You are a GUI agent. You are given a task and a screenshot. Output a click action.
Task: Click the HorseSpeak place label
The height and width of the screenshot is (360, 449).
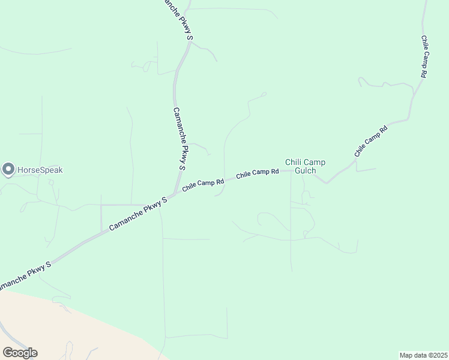40,170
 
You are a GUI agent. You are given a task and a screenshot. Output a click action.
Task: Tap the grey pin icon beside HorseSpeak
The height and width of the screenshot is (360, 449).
8,170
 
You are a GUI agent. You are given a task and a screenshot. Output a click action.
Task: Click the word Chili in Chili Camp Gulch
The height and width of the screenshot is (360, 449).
293,162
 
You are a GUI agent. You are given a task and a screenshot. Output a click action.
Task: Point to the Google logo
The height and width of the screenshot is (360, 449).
20,353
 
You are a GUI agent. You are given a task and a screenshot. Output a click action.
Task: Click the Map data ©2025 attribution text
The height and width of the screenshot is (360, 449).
423,355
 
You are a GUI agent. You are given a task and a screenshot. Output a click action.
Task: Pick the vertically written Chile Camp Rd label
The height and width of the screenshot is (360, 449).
424,56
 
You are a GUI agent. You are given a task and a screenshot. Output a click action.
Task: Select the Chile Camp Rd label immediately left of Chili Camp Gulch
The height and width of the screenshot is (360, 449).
258,173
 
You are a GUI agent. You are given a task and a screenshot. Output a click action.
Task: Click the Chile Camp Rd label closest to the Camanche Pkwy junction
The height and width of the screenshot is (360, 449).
203,184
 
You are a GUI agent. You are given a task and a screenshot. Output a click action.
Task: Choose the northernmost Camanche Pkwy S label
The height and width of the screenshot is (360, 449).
179,20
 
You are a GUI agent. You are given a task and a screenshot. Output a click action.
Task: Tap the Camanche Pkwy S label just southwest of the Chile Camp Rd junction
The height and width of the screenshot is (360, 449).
138,214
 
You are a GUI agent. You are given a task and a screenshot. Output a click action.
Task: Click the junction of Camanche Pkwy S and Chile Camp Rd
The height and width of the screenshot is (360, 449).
173,194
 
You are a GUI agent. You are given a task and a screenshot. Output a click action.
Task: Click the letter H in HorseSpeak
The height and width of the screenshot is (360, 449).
20,170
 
